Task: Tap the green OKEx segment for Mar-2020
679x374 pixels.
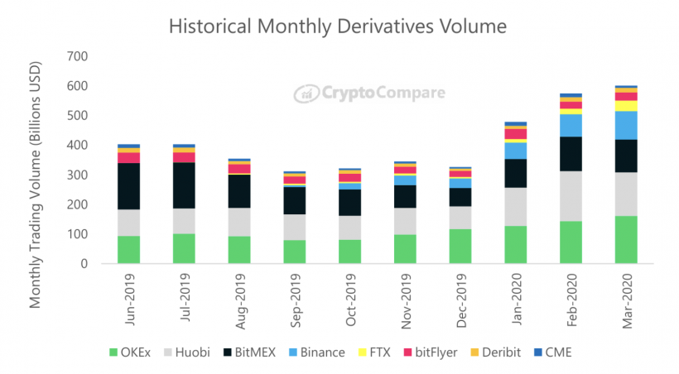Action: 626,239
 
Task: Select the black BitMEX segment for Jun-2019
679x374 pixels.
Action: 128,186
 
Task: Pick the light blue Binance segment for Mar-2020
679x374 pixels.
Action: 626,125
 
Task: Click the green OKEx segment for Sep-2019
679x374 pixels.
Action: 295,252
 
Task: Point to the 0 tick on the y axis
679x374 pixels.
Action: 84,264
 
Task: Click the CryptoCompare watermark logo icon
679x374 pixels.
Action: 306,93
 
